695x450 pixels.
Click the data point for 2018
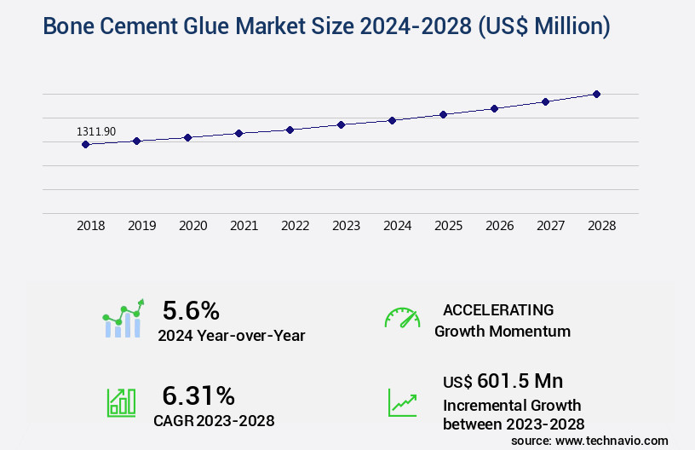tap(85, 145)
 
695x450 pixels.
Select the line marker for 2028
tap(596, 94)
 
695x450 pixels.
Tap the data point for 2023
tap(341, 124)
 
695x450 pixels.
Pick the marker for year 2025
tap(443, 114)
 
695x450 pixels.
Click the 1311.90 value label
tap(96, 131)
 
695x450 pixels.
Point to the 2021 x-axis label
tap(244, 226)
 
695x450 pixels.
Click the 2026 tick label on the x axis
tap(499, 226)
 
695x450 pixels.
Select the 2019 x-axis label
tap(141, 226)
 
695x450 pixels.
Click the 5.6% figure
tap(191, 309)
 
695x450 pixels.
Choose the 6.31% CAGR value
tap(198, 395)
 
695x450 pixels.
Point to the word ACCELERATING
tap(498, 310)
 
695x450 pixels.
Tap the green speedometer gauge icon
tap(402, 318)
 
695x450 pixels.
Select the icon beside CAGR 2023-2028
tap(121, 402)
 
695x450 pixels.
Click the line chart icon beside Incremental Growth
tap(402, 402)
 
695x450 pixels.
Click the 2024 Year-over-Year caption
tap(231, 336)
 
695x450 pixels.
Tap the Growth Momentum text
tap(503, 331)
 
